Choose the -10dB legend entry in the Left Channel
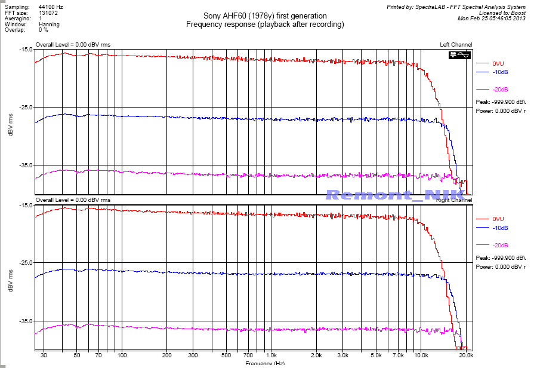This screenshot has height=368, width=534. (500, 72)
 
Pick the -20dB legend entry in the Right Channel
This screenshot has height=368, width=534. (500, 246)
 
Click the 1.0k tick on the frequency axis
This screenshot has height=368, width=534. (271, 356)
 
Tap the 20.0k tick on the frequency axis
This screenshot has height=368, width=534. (466, 356)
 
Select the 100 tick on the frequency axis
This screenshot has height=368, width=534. (122, 356)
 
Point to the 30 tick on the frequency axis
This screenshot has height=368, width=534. (44, 356)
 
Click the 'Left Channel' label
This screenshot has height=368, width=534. (456, 45)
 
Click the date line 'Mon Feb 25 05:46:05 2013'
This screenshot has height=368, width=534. (491, 19)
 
